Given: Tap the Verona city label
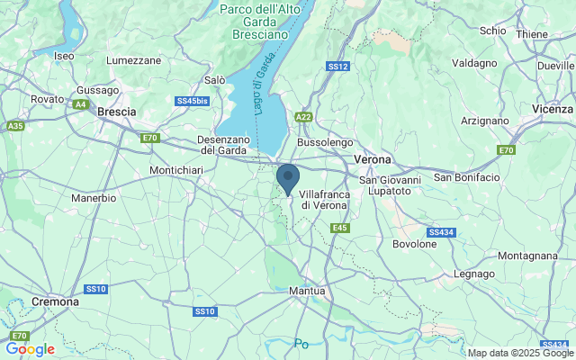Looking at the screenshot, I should (x=373, y=159).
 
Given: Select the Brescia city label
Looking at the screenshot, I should (x=116, y=112).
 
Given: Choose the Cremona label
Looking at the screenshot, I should (x=54, y=302).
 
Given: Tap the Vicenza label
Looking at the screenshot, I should (x=552, y=109).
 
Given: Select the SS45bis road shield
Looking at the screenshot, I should (x=192, y=102).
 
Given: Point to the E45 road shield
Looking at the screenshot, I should (x=339, y=229).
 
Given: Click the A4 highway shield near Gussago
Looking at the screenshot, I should (x=81, y=105).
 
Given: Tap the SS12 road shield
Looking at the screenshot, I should (x=337, y=67).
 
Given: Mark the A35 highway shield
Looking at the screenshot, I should (x=14, y=126).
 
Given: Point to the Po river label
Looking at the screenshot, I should (x=301, y=343).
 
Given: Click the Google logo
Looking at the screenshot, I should (x=30, y=349).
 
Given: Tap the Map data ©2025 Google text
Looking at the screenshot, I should (x=519, y=353).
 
